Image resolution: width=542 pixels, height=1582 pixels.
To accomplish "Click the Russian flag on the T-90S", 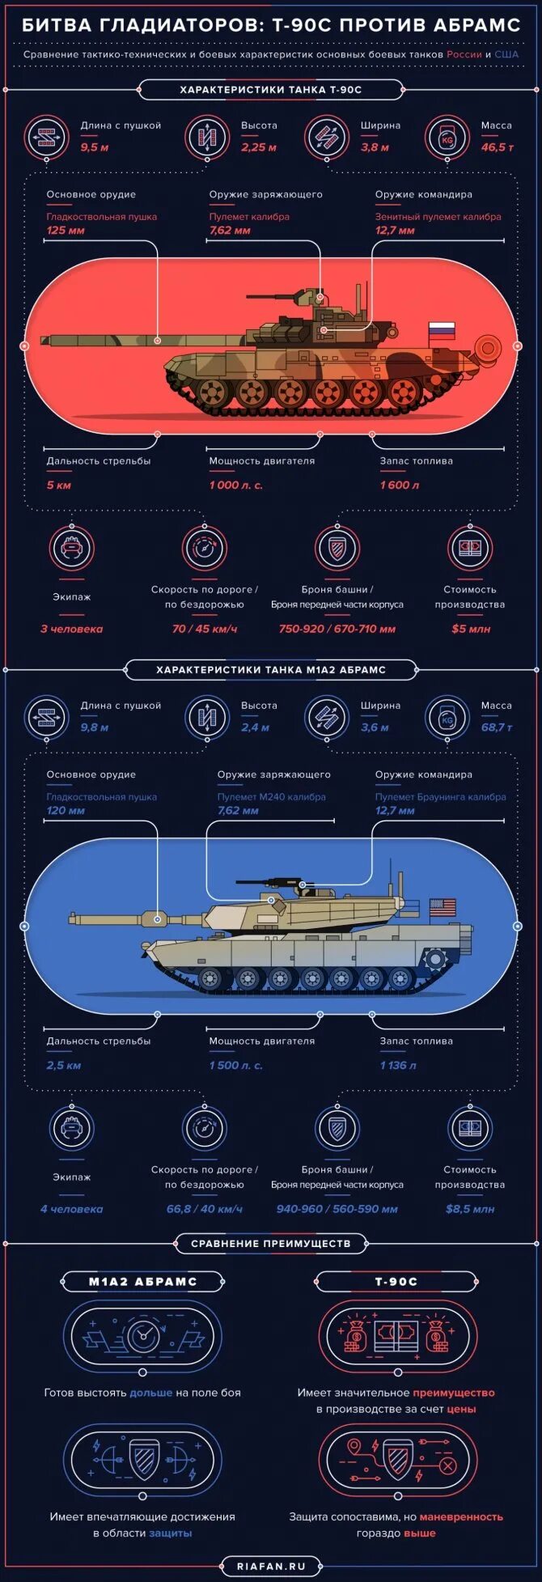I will point(442,330).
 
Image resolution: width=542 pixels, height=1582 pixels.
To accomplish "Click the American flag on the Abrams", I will point(442,908).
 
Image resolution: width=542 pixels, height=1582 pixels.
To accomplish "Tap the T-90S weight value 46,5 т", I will point(497,147).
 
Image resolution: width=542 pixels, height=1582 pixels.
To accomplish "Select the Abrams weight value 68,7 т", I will point(497,727).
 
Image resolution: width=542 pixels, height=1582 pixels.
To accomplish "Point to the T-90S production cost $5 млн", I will point(471,629).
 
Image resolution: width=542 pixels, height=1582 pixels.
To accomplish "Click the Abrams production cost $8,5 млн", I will point(470,1209).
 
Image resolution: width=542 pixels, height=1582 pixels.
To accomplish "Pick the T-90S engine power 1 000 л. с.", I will point(235,486).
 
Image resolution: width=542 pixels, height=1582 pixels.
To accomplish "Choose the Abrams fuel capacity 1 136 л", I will point(398,1066).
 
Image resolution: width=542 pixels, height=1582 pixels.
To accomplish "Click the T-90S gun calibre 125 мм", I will point(66,231).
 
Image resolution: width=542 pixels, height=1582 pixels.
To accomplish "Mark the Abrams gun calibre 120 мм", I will point(66,811).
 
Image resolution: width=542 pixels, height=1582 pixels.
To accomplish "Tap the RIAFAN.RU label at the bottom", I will point(272,1567).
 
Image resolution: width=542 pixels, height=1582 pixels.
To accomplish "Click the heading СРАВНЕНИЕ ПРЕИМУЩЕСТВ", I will point(271,1243).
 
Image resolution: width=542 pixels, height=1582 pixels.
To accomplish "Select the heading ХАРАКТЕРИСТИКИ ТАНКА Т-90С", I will point(270,90).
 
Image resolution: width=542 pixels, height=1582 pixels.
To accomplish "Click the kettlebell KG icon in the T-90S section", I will point(447,137).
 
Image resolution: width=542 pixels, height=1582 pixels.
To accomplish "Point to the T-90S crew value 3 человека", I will point(72,629).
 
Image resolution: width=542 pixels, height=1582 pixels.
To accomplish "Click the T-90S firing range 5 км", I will point(59,486).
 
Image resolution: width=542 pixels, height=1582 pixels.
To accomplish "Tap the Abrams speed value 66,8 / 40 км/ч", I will point(205,1209).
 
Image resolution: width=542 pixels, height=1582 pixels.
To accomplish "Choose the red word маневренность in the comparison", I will point(461,1517).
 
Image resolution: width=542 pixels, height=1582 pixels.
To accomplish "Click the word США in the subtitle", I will point(506,54).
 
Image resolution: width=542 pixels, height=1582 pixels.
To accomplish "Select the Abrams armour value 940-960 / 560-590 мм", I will point(337,1209).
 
